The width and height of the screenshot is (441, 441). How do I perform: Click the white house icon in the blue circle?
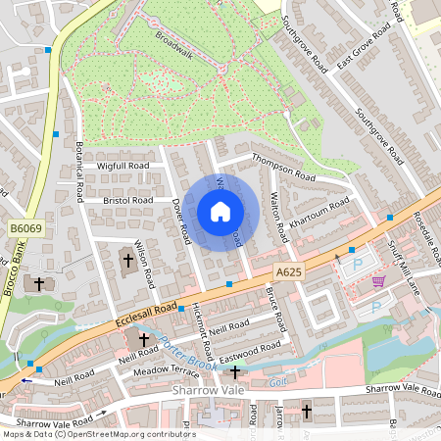click(x=220, y=212)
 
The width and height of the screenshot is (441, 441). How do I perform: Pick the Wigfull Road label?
click(x=122, y=167)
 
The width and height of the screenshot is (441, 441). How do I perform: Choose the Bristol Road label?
click(x=128, y=200)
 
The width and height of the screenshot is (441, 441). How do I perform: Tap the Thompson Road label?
click(x=283, y=167)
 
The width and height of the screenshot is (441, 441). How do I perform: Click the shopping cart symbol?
click(x=378, y=281)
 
